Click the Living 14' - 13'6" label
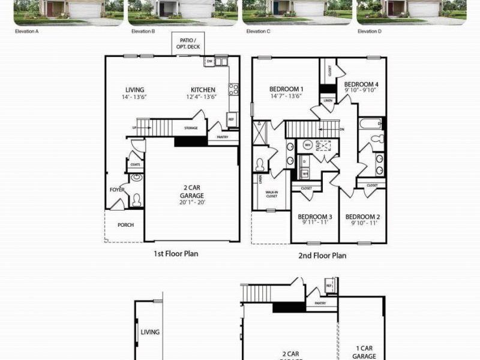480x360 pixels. (x=134, y=93)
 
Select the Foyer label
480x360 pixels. (x=116, y=190)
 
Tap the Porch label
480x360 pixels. (x=125, y=225)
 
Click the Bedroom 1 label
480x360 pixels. (x=286, y=92)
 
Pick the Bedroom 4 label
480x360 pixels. (x=361, y=87)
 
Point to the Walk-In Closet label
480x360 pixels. (x=271, y=194)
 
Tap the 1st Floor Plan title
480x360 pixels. (x=175, y=254)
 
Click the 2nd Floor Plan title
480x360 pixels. (x=322, y=255)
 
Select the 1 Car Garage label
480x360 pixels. (x=365, y=352)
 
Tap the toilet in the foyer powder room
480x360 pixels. (x=137, y=200)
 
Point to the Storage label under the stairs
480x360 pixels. (x=191, y=128)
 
